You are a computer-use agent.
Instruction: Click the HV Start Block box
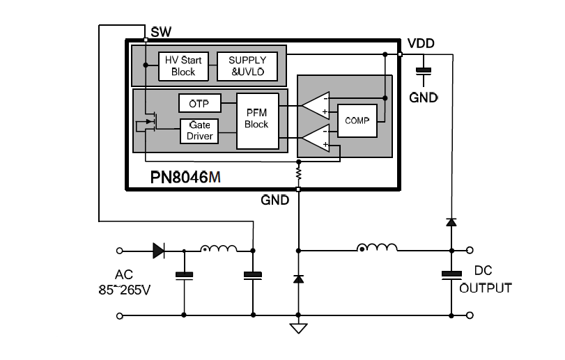coord(183,66)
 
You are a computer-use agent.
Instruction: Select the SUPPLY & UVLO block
coord(247,66)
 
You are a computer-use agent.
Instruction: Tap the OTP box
coord(200,103)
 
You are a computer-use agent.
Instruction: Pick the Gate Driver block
coord(199,131)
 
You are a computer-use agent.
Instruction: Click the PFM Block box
coord(257,121)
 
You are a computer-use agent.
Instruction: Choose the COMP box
coord(357,120)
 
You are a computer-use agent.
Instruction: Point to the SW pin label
coord(161,32)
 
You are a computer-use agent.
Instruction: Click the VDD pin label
coord(421,44)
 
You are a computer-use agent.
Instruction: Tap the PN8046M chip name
coord(185,177)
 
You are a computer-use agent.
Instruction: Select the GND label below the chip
coord(275,200)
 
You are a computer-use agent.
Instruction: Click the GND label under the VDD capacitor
coord(424,97)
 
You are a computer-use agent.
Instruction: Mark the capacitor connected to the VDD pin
coord(424,70)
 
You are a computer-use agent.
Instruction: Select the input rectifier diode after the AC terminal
coord(159,251)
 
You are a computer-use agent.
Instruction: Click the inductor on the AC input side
coord(219,248)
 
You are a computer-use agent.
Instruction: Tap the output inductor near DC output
coord(377,247)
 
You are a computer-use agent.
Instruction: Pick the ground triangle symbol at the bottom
coord(298,328)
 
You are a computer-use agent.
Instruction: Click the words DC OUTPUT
coord(485,279)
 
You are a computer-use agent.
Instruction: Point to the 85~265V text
coord(125,290)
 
